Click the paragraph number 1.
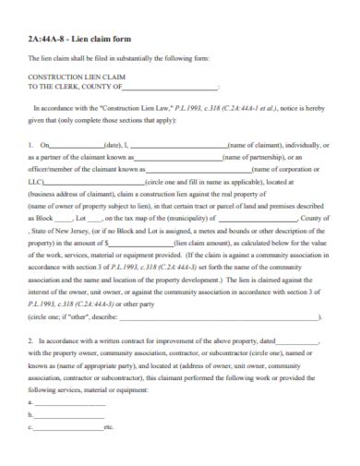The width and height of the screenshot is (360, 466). (30, 145)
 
